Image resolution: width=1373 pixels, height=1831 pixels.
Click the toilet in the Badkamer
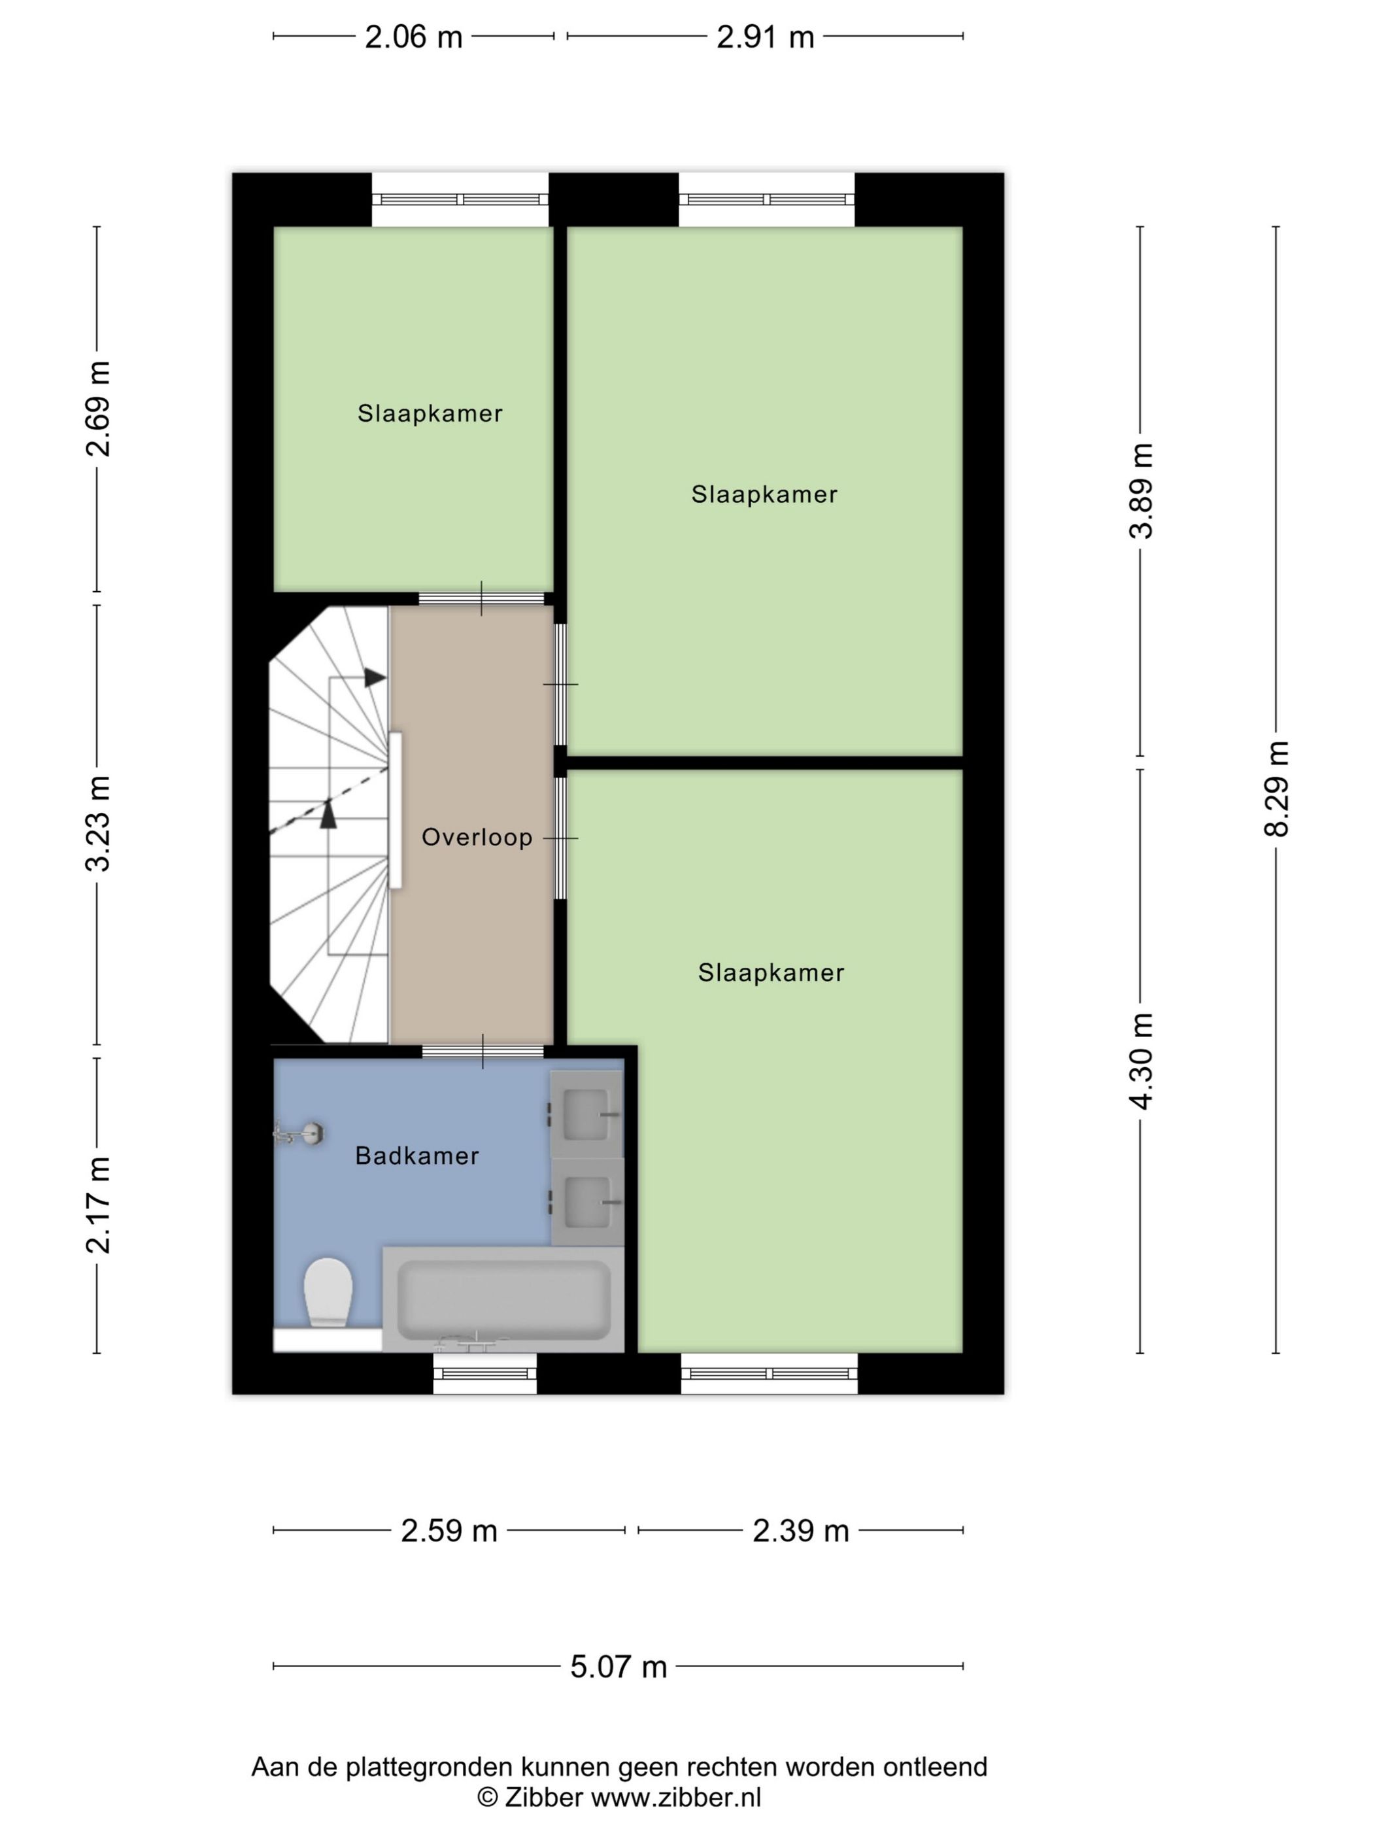coord(328,1292)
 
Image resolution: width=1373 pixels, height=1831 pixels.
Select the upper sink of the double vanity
coord(586,1114)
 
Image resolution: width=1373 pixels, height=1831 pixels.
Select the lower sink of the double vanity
coord(586,1201)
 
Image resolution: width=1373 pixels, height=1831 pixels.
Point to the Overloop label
coord(477,837)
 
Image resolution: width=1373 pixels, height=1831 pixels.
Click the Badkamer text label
coord(416,1155)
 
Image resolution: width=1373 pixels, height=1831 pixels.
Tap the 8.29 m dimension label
coord(1276,788)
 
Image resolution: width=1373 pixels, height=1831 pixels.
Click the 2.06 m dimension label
coord(413,37)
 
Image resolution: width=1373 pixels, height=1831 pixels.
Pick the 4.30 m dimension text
coord(1140,1061)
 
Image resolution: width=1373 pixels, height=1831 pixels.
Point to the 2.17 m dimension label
coord(97,1205)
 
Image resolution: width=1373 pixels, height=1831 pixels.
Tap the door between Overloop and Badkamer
coord(483,1052)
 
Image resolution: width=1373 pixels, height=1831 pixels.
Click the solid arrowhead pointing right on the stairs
coord(375,677)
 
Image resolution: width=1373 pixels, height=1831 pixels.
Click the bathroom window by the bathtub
coord(485,1373)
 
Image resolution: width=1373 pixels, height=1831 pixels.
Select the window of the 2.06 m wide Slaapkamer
coord(460,199)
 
